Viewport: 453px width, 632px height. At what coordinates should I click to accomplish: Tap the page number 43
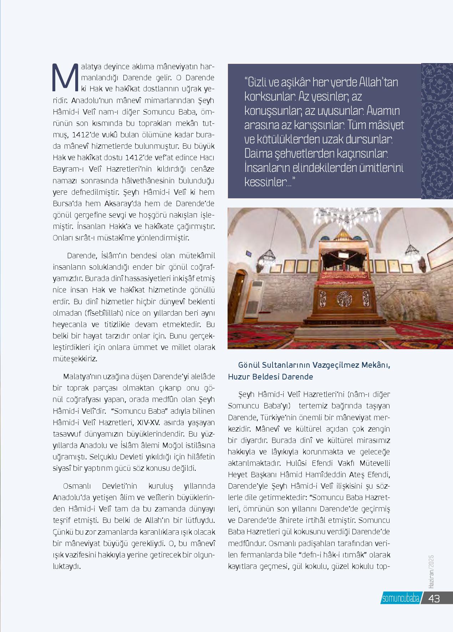[x=434, y=598]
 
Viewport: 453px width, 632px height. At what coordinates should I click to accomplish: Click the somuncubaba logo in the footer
[x=400, y=598]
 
